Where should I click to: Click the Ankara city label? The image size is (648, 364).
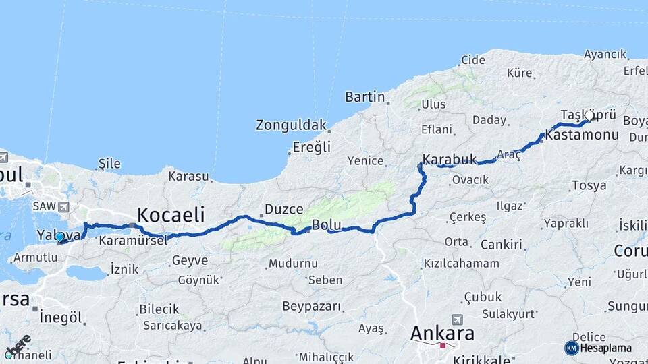(443, 333)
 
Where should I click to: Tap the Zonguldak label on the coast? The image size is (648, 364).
(290, 125)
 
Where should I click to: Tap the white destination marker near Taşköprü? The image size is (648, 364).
(589, 116)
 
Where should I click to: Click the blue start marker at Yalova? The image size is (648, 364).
(59, 237)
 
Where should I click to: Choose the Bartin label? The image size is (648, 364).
(364, 96)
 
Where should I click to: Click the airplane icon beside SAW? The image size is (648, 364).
(64, 207)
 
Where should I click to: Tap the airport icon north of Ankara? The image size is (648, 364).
(458, 319)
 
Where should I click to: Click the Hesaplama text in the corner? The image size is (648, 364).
(606, 348)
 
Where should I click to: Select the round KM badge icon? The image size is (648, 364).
(571, 348)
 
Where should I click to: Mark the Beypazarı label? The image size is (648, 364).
(311, 306)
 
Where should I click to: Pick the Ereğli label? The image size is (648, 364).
(311, 146)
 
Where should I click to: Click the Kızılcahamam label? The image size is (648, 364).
(462, 263)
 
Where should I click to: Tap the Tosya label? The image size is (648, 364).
(589, 185)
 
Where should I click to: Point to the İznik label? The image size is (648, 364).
(124, 269)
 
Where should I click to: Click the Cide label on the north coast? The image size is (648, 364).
(473, 59)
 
